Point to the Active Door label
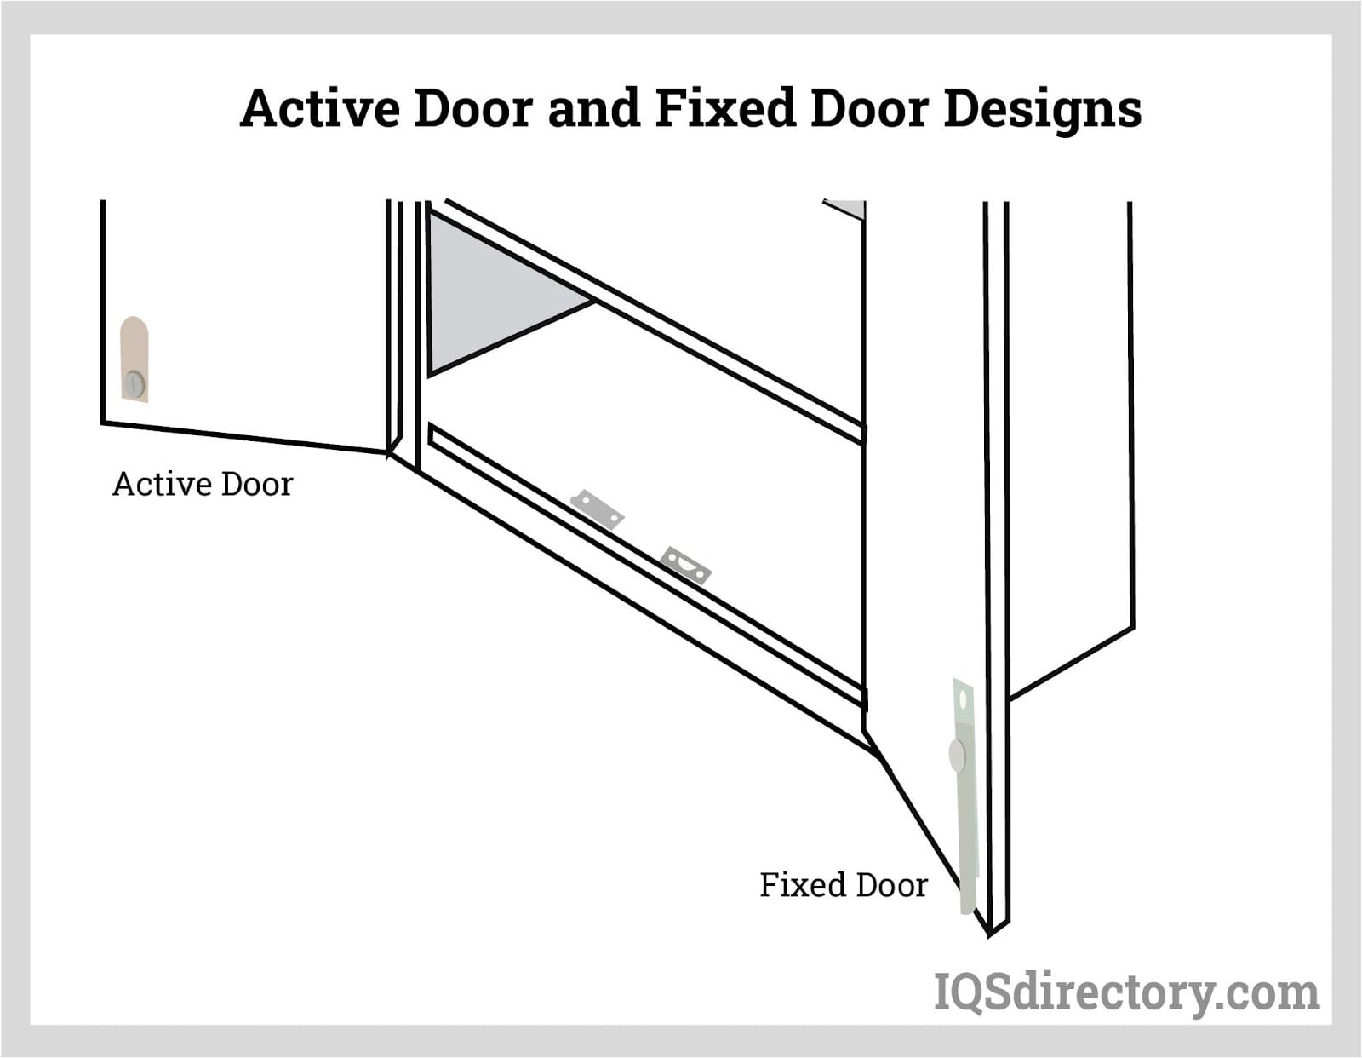click(203, 484)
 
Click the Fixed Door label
click(843, 885)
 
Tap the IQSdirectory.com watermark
click(1126, 992)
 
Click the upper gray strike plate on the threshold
click(597, 509)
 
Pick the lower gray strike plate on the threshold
click(685, 565)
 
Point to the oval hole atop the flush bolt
click(964, 699)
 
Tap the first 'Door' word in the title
click(473, 108)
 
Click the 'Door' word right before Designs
click(868, 108)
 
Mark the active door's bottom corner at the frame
click(389, 453)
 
